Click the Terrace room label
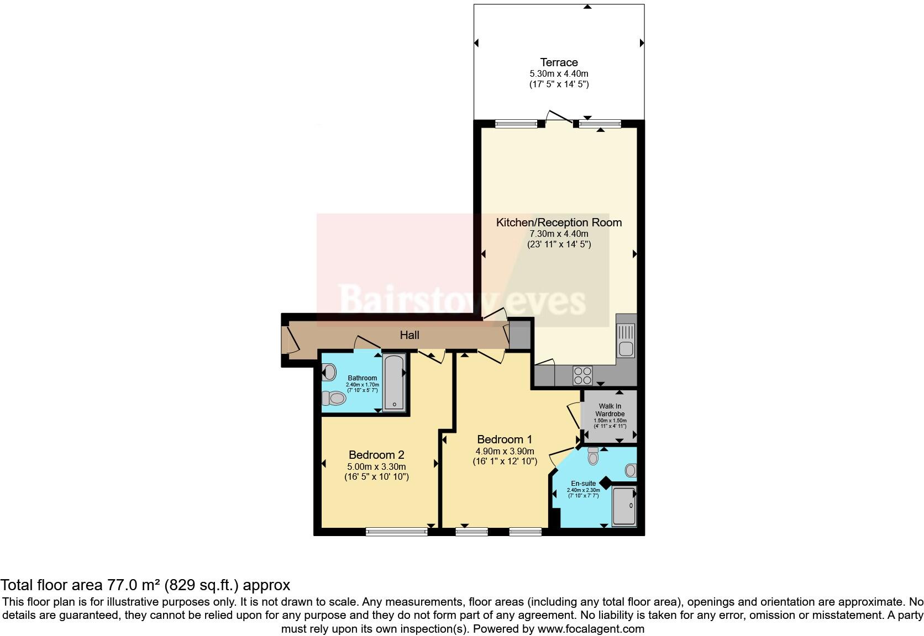point(559,62)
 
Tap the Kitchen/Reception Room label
point(559,222)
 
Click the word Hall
point(410,335)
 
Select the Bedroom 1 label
point(504,439)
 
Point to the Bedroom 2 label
point(376,455)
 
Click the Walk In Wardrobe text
point(610,410)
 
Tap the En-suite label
point(583,483)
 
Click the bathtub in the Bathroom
point(394,383)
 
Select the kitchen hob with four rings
point(582,375)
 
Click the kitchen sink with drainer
point(626,340)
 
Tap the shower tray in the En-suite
point(624,506)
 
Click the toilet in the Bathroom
point(333,397)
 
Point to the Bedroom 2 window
point(396,532)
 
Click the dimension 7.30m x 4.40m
point(559,234)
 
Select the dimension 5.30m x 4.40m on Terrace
point(559,73)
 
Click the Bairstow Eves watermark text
point(462,300)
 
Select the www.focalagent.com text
point(591,628)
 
